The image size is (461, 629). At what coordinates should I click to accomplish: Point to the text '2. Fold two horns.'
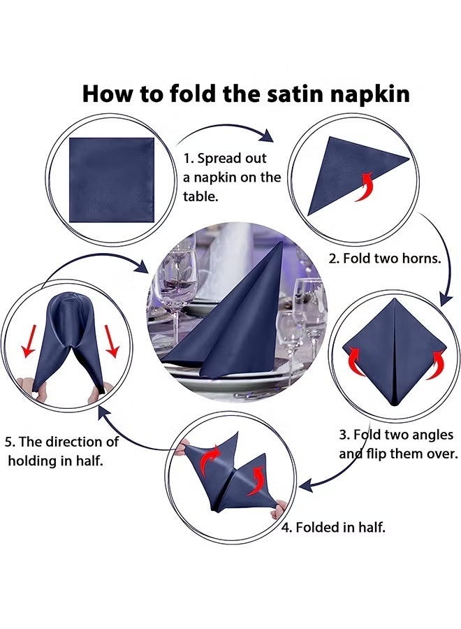click(384, 258)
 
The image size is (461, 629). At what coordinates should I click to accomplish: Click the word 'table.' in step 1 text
click(201, 197)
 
